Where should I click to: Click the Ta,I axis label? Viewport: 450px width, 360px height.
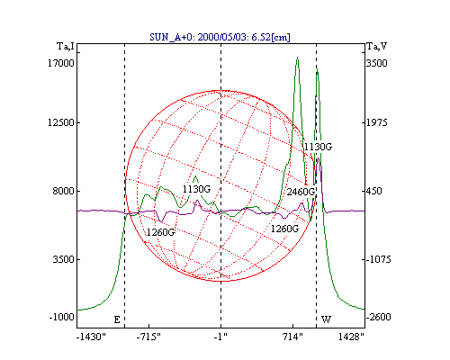(66, 46)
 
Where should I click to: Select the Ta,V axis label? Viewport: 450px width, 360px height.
(377, 46)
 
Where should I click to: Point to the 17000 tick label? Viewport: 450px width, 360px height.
(61, 63)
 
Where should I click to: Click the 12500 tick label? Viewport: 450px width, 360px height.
(61, 122)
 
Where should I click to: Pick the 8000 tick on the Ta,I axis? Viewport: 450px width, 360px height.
(63, 191)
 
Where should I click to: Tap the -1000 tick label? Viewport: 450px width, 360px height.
(61, 317)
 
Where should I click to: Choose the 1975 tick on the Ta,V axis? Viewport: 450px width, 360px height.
(377, 122)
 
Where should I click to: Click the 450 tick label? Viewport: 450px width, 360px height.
(374, 191)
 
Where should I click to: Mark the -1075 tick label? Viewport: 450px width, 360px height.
(378, 259)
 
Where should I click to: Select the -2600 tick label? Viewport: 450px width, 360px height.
(378, 317)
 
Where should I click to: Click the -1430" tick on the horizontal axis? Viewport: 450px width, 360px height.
(91, 337)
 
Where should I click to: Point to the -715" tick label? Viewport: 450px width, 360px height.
(148, 337)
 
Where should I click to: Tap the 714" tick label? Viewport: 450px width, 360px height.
(292, 337)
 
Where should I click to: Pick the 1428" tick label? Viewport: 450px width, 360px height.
(351, 337)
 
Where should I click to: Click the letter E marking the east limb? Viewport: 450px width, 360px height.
(117, 319)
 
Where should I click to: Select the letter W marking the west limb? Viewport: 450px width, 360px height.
(326, 319)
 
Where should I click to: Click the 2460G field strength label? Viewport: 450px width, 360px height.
(301, 192)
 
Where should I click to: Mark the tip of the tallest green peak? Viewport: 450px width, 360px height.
(297, 57)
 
